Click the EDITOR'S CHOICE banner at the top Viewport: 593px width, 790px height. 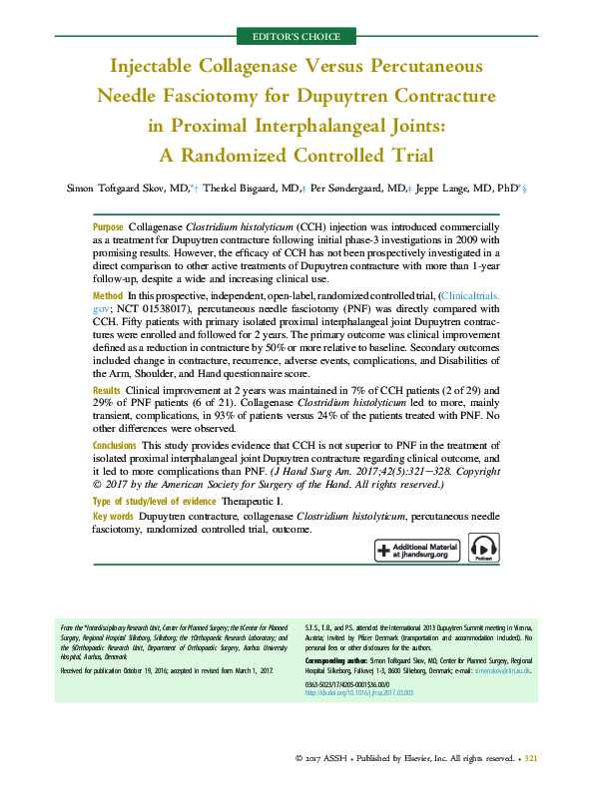(x=296, y=37)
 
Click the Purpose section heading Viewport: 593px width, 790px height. (x=108, y=227)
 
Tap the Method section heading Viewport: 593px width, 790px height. (x=107, y=296)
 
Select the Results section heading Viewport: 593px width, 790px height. (x=107, y=390)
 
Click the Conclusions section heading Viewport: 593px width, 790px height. (x=115, y=444)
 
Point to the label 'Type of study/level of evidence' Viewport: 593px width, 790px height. (x=152, y=500)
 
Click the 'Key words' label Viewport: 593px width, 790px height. (x=112, y=516)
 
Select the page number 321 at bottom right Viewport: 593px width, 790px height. (x=531, y=759)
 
